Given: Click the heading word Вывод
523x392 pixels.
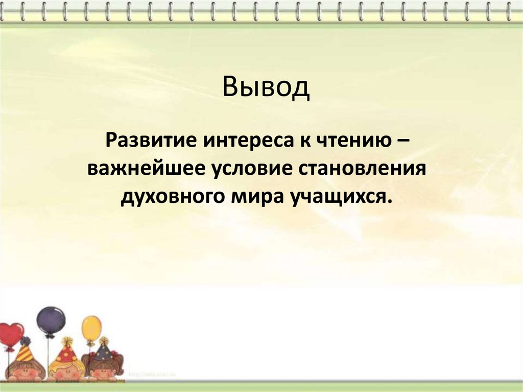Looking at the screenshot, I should [266, 87].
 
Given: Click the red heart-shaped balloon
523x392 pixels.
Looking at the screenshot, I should [11, 335].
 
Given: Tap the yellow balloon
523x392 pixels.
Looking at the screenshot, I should [92, 328].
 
